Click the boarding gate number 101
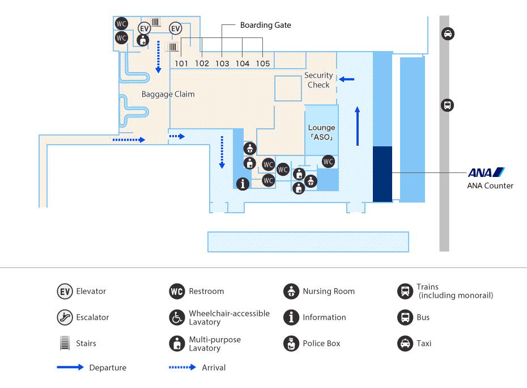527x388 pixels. [x=181, y=64]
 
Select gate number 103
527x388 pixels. [x=222, y=64]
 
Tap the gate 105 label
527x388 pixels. [x=263, y=64]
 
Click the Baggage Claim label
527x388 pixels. [x=168, y=94]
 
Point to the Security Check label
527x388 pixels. [x=318, y=80]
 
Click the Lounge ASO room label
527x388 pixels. [x=322, y=132]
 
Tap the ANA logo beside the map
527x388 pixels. [x=486, y=172]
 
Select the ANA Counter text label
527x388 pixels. [x=490, y=185]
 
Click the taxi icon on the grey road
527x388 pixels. [x=448, y=33]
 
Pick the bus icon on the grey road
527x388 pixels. [x=447, y=106]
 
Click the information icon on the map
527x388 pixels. [x=243, y=184]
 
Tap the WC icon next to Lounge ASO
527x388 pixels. [x=328, y=162]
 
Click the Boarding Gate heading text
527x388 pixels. [x=266, y=25]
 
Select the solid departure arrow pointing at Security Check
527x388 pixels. [x=346, y=79]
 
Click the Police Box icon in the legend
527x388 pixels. [x=291, y=344]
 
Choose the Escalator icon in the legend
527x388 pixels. [x=65, y=317]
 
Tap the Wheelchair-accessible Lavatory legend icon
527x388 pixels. [x=177, y=317]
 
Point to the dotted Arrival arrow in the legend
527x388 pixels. [x=182, y=367]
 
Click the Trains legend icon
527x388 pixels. [x=405, y=291]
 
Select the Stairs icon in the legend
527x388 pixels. [x=65, y=343]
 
